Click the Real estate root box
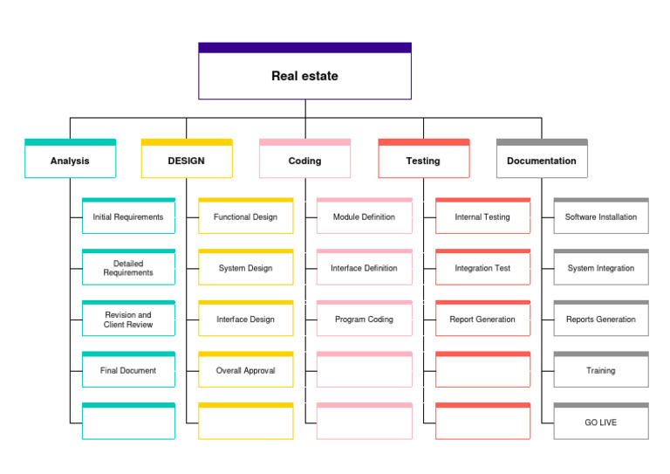point(304,76)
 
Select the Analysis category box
point(70,161)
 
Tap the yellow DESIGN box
point(187,161)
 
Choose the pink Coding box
point(304,161)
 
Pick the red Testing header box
point(423,161)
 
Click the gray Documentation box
point(542,161)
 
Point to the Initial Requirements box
point(128,217)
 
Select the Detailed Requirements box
point(128,268)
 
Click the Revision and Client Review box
point(128,319)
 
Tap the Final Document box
point(128,371)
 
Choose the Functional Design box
point(245,217)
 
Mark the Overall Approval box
point(245,371)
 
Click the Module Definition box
point(364,217)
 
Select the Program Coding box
point(364,319)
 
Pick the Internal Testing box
point(482,217)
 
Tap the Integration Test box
point(482,268)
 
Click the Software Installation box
point(601,217)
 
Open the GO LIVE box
point(601,422)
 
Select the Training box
point(601,371)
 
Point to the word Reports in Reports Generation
point(580,319)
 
